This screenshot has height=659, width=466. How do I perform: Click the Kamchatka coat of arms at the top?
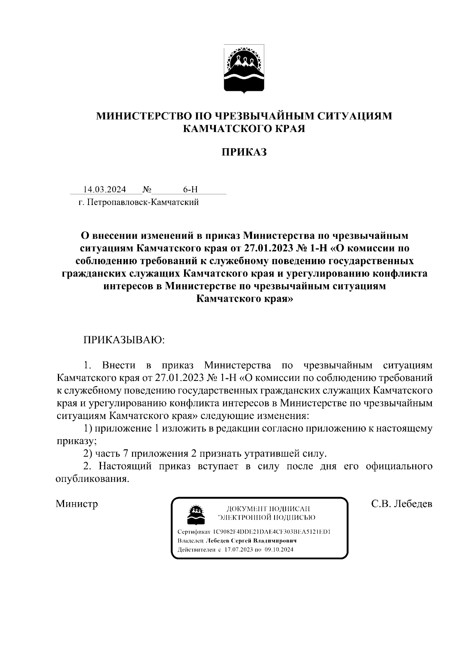pos(244,69)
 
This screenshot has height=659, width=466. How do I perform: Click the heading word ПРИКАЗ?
pos(244,152)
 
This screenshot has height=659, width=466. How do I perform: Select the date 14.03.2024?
pos(105,190)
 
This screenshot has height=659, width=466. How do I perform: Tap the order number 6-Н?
pos(190,190)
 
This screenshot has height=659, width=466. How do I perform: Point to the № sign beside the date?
pos(147,190)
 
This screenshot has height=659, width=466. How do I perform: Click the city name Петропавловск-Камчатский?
pos(143,202)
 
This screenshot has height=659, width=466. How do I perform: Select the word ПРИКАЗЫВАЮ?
pos(124,340)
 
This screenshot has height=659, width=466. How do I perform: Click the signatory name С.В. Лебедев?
pos(402,504)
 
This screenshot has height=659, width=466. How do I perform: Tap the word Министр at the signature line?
pos(77,504)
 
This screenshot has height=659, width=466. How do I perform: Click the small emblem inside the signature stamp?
pos(196,514)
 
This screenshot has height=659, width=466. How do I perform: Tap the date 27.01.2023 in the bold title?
pos(268,248)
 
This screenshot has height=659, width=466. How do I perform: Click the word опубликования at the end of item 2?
pos(92,479)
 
